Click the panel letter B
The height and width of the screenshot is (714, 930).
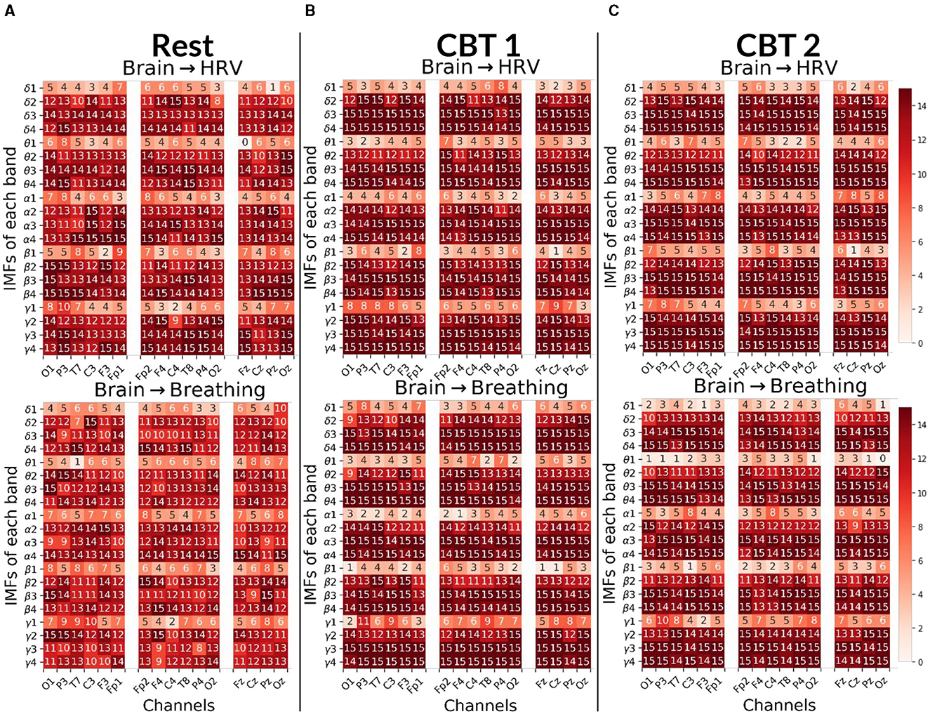click(310, 11)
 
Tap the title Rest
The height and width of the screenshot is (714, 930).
click(182, 46)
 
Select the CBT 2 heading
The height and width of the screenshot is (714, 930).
click(778, 46)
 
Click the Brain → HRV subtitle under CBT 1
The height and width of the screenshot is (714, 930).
click(481, 67)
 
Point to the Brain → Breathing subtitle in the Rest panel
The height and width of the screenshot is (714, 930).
click(180, 390)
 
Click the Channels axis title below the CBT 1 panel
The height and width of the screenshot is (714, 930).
click(481, 705)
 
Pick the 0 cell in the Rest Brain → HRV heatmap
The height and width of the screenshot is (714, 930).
click(245, 142)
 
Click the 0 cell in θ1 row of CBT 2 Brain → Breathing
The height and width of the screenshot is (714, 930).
click(880, 460)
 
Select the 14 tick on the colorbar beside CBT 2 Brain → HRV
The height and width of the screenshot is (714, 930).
click(921, 106)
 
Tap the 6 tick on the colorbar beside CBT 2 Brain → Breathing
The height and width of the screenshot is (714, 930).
click(921, 561)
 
